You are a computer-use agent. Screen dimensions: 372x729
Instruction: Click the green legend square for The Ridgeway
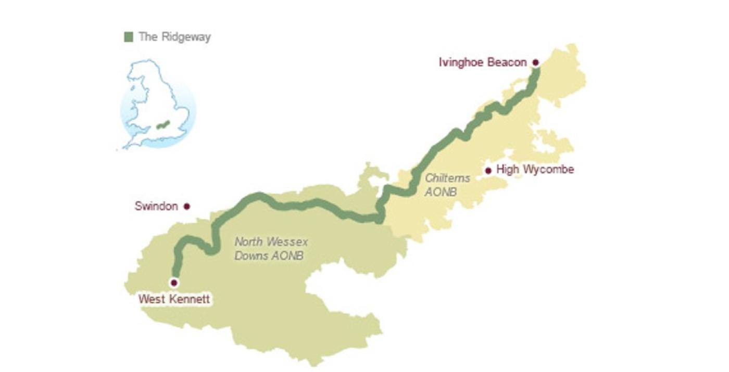pyautogui.click(x=129, y=37)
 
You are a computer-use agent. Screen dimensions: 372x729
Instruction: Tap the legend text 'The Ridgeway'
pyautogui.click(x=174, y=37)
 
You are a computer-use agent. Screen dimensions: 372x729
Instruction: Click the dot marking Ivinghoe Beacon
pyautogui.click(x=535, y=62)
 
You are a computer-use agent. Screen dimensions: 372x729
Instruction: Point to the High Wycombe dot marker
pyautogui.click(x=488, y=171)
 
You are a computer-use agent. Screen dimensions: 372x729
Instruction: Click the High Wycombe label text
pyautogui.click(x=535, y=170)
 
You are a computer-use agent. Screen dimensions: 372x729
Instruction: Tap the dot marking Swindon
pyautogui.click(x=186, y=207)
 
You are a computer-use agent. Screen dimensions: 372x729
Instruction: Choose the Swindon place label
pyautogui.click(x=156, y=206)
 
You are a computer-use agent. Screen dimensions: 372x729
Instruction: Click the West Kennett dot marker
pyautogui.click(x=174, y=283)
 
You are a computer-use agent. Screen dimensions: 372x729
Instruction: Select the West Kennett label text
pyautogui.click(x=174, y=300)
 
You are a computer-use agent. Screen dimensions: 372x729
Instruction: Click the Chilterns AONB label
pyautogui.click(x=447, y=185)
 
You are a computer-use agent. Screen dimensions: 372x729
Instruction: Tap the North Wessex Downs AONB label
pyautogui.click(x=271, y=249)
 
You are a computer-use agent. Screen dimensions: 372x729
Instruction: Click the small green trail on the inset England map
pyautogui.click(x=163, y=125)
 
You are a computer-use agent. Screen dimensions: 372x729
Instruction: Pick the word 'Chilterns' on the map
pyautogui.click(x=447, y=178)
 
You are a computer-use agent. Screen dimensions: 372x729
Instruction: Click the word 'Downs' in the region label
pyautogui.click(x=250, y=256)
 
